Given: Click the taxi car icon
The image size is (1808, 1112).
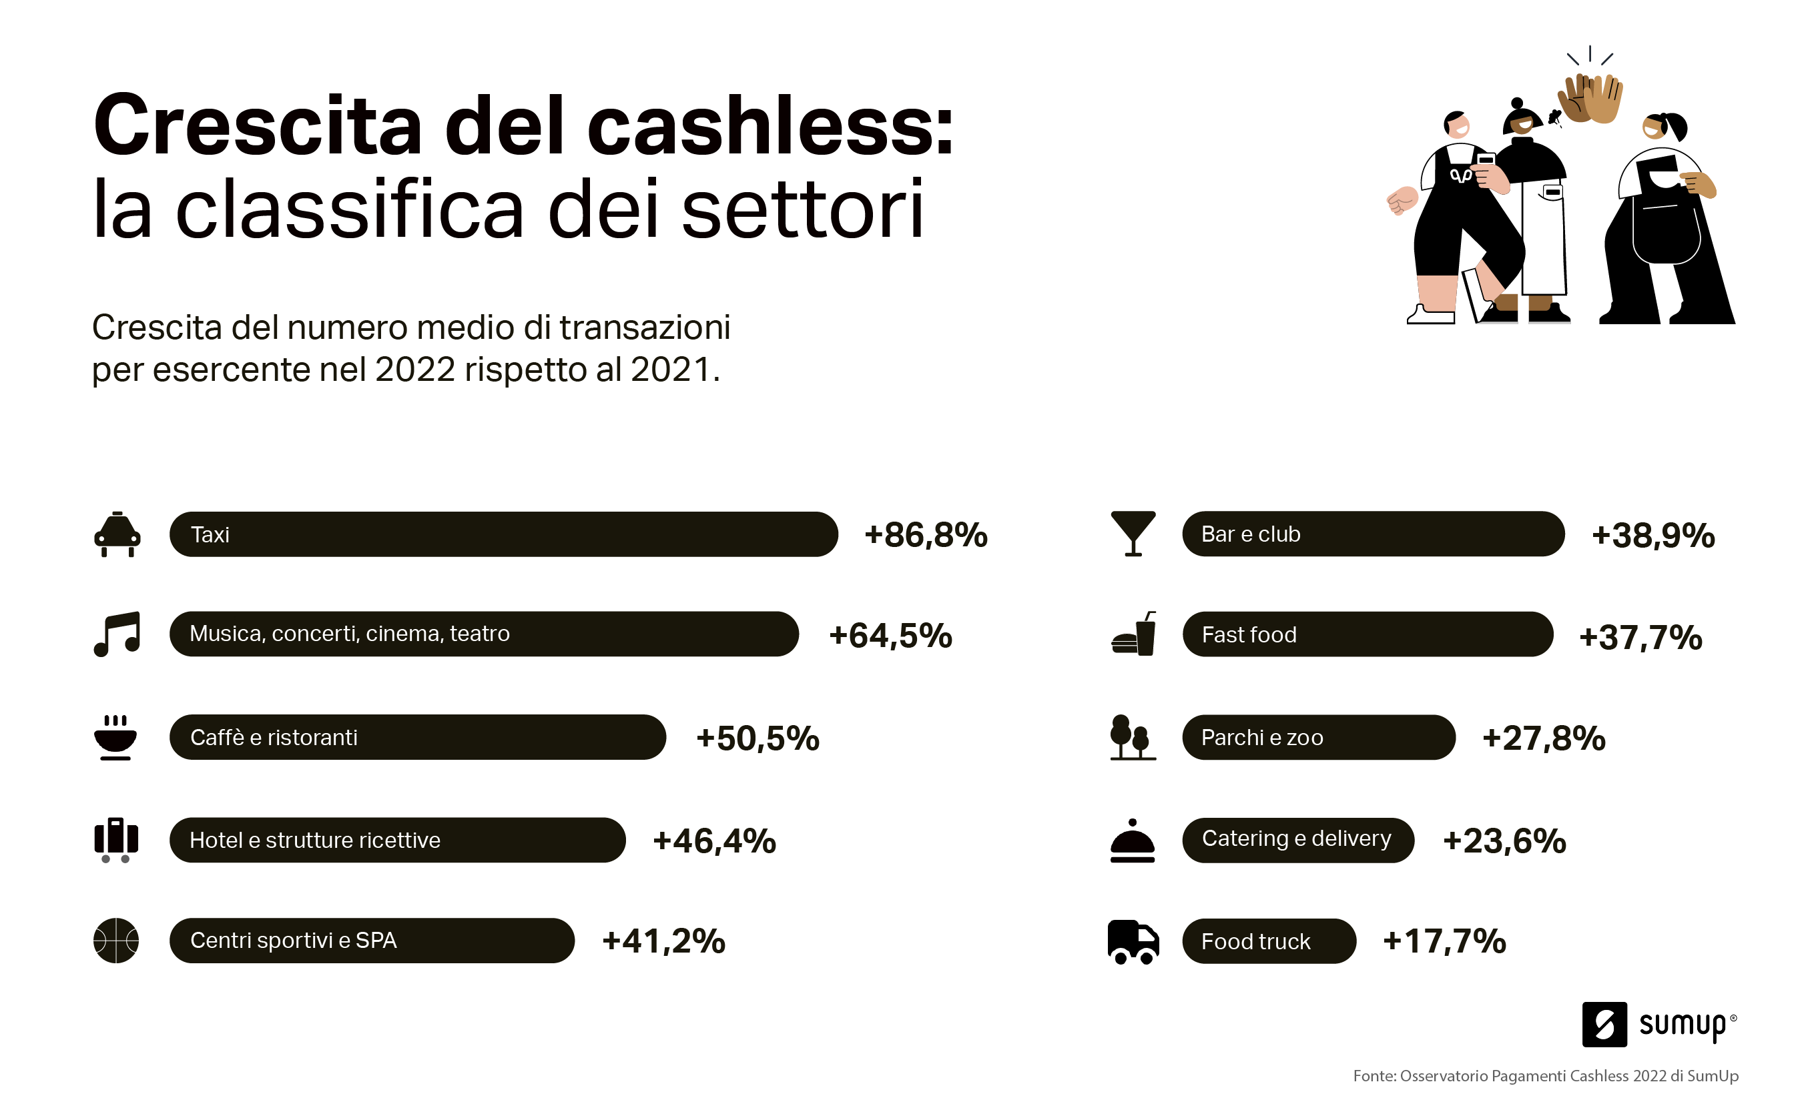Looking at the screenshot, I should (x=117, y=535).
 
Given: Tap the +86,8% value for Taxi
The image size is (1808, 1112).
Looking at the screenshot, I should (x=925, y=536).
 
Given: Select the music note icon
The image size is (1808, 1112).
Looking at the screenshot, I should (x=117, y=634).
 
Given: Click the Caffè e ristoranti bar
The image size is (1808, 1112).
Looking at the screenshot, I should (x=417, y=737).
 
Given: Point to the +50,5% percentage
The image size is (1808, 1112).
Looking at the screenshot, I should (x=758, y=738).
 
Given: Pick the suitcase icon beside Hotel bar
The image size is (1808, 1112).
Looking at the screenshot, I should (x=116, y=839).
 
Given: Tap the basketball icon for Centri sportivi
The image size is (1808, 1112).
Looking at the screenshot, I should (x=116, y=940).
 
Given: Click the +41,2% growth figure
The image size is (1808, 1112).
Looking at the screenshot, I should (x=663, y=941).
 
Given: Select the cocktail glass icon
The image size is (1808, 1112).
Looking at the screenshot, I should (x=1133, y=533).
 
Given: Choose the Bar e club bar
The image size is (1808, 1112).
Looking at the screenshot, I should (x=1372, y=534).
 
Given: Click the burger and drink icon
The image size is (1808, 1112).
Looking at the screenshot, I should (x=1134, y=634).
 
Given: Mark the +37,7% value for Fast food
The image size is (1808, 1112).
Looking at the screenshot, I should (x=1640, y=637).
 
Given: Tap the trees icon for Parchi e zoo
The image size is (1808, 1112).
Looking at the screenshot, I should (x=1133, y=737).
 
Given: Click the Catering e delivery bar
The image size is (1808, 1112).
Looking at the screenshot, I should (x=1297, y=839).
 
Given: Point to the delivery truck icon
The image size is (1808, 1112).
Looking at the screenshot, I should (x=1133, y=941).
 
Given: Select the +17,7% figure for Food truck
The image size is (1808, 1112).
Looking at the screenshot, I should (x=1444, y=941).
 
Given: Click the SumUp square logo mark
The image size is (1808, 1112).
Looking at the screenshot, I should (x=1604, y=1024).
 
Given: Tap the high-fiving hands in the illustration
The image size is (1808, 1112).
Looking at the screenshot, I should (x=1590, y=99).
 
